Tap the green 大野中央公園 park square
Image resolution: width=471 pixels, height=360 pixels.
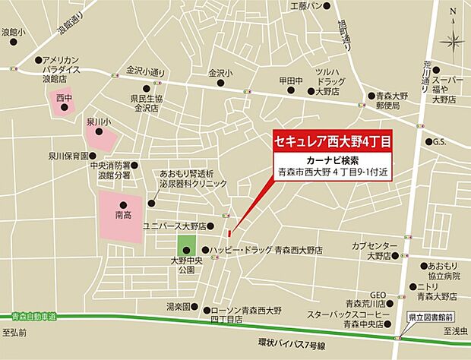[187, 246]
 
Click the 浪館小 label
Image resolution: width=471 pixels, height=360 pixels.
[13, 33]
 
